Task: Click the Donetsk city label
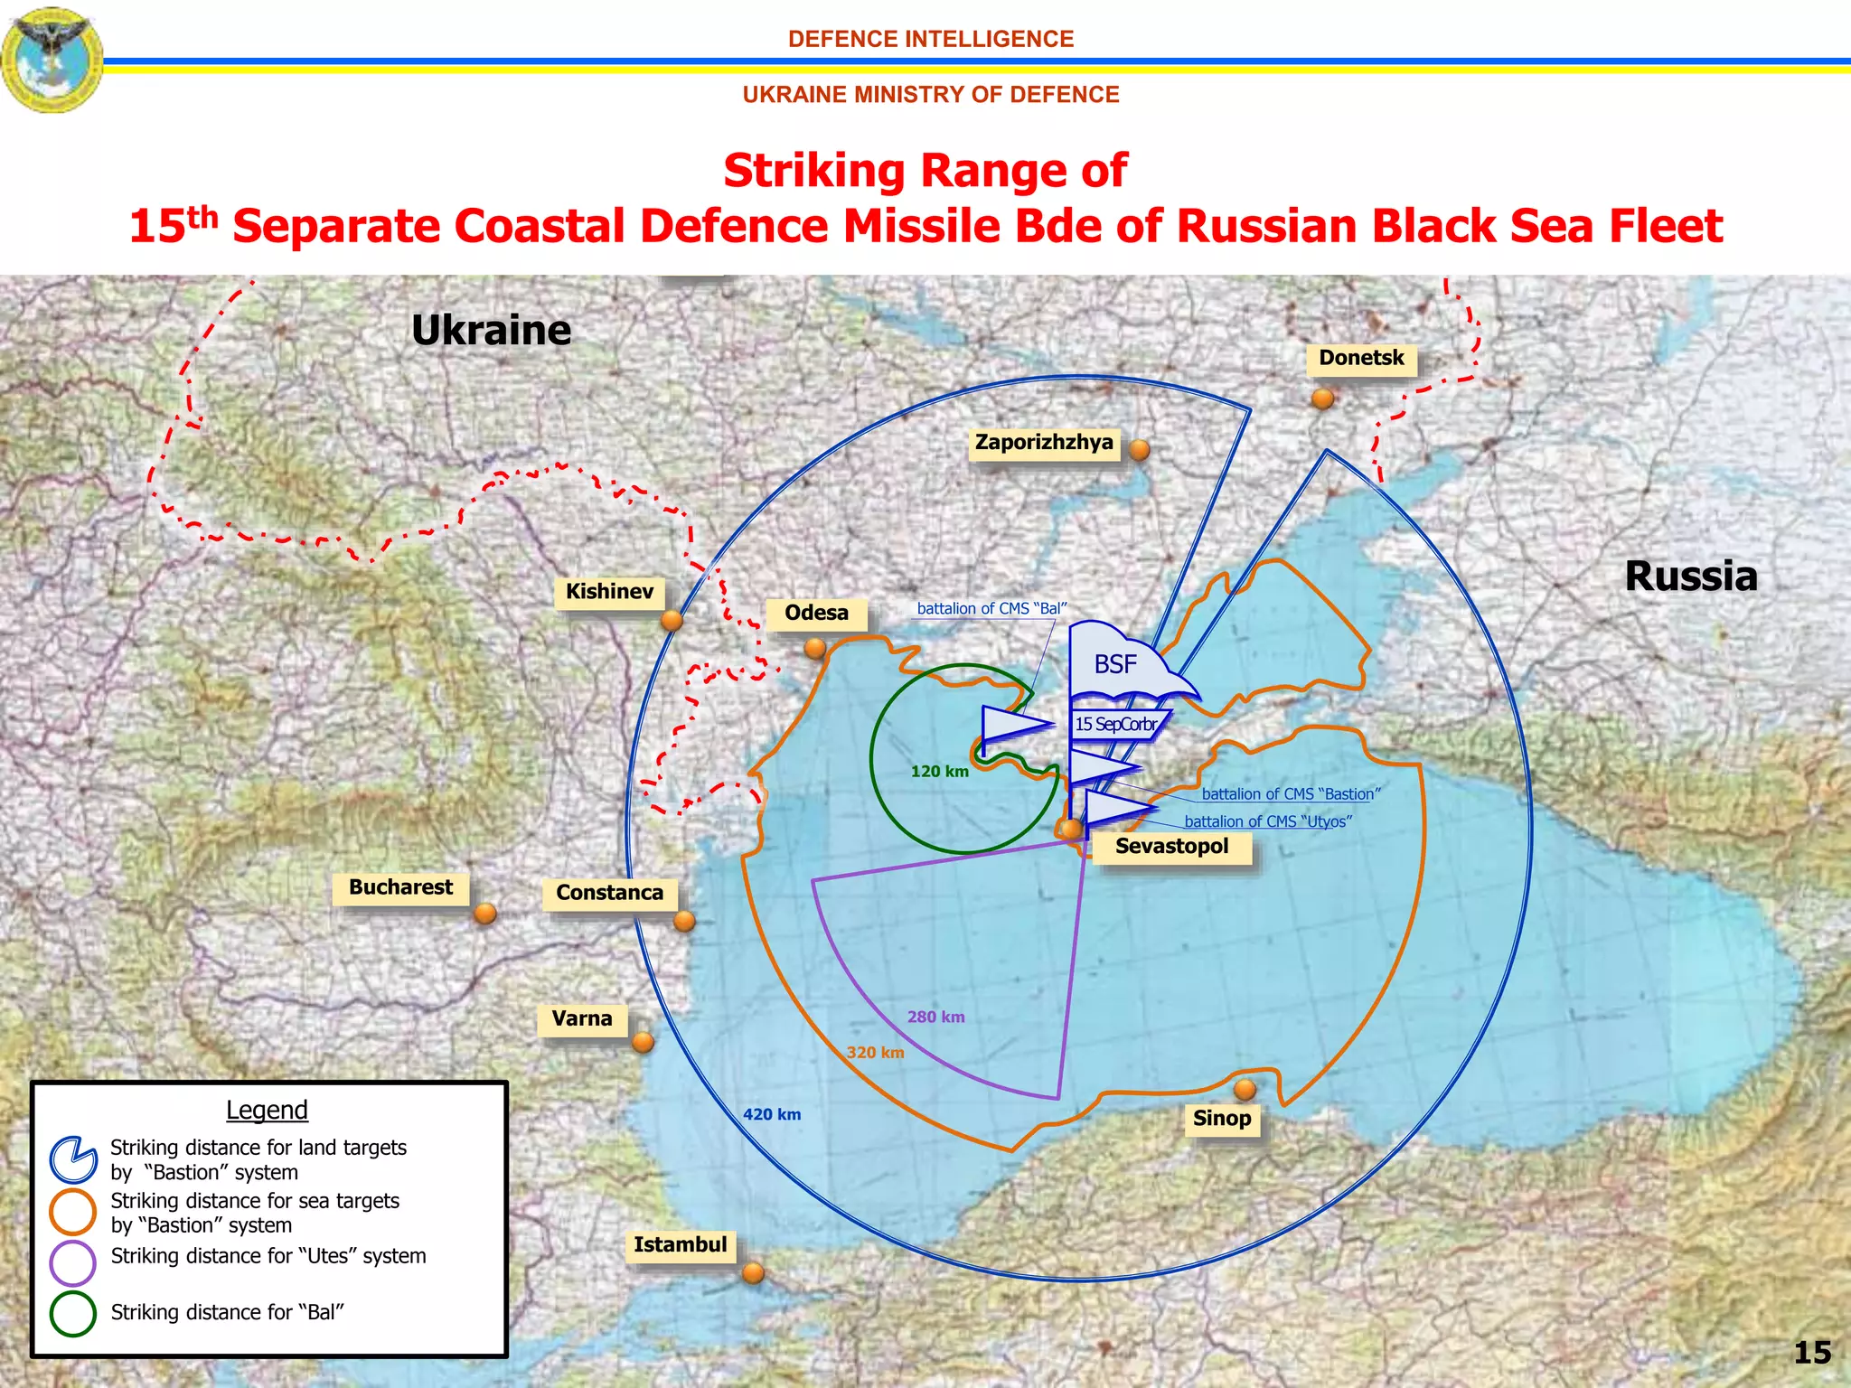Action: (1361, 358)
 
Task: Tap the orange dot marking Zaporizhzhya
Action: (1140, 449)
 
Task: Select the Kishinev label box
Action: (609, 592)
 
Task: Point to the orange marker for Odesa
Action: (815, 648)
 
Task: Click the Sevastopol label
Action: (1171, 847)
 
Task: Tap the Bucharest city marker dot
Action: (485, 914)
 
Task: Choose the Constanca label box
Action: (609, 893)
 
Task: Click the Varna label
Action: (582, 1019)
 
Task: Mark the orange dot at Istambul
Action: (753, 1273)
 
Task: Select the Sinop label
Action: (1222, 1119)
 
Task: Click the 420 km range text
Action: (772, 1115)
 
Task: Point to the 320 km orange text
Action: (875, 1053)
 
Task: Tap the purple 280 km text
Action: (935, 1018)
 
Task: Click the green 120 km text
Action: (939, 772)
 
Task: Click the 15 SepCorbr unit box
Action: (1117, 725)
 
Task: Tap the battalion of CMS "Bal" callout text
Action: (991, 609)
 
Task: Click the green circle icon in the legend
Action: (73, 1313)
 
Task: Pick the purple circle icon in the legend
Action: (73, 1262)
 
